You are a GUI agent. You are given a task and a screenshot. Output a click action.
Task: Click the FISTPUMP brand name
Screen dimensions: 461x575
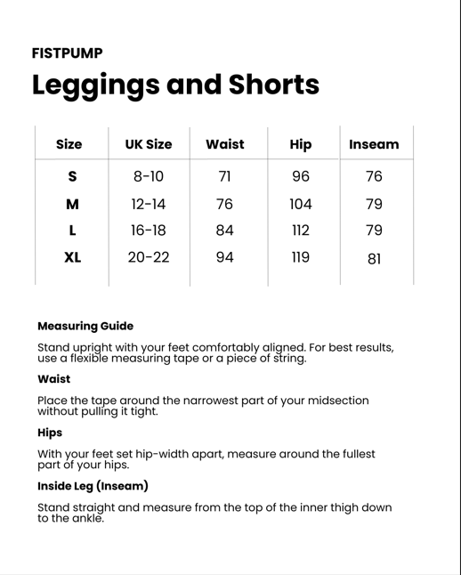pyautogui.click(x=67, y=53)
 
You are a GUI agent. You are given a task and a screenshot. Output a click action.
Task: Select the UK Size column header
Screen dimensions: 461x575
pyautogui.click(x=148, y=144)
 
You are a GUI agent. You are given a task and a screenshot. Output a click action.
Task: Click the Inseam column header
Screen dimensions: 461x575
pyautogui.click(x=374, y=144)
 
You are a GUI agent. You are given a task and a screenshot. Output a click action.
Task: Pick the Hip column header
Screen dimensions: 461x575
pyautogui.click(x=301, y=144)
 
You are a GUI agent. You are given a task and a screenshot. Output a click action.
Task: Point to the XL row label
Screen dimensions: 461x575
pyautogui.click(x=72, y=258)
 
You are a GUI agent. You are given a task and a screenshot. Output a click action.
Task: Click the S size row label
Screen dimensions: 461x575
pyautogui.click(x=72, y=176)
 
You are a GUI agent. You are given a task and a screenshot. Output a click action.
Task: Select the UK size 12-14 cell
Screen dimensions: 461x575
pyautogui.click(x=148, y=204)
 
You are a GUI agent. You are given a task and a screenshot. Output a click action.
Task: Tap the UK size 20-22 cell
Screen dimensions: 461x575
pyautogui.click(x=148, y=258)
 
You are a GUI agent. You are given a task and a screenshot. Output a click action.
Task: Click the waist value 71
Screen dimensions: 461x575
pyautogui.click(x=224, y=176)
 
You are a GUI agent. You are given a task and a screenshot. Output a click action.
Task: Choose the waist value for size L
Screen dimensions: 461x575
pyautogui.click(x=224, y=231)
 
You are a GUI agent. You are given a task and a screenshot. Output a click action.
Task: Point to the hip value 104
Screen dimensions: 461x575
pyautogui.click(x=301, y=204)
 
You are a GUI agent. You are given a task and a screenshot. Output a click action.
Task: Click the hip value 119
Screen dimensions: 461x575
pyautogui.click(x=301, y=258)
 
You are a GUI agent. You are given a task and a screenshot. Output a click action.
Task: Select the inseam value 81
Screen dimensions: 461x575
pyautogui.click(x=374, y=259)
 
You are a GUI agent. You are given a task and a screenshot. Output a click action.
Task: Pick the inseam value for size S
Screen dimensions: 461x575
pyautogui.click(x=374, y=176)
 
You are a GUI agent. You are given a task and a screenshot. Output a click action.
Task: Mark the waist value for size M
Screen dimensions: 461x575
pyautogui.click(x=224, y=204)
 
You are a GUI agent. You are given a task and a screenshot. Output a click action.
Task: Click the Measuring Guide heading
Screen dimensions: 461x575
pyautogui.click(x=85, y=326)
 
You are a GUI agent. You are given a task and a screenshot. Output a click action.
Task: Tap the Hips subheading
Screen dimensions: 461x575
pyautogui.click(x=50, y=433)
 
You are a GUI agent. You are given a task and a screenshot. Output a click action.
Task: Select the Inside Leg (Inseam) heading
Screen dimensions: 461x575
pyautogui.click(x=93, y=486)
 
